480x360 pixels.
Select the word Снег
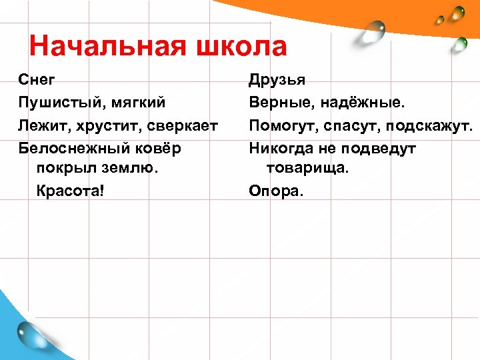(x=37, y=80)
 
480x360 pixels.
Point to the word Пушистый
(x=58, y=103)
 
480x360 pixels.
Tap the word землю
(x=133, y=169)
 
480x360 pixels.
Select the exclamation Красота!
(x=69, y=191)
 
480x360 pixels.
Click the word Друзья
(x=277, y=80)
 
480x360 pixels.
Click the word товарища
(x=307, y=169)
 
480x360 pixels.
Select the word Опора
(x=275, y=191)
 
